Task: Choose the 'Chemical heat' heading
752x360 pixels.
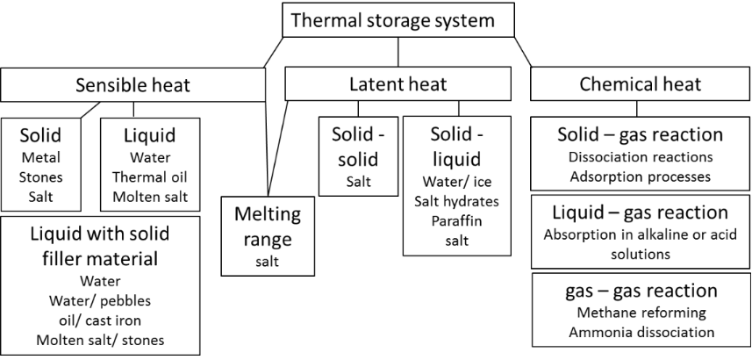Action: pyautogui.click(x=640, y=85)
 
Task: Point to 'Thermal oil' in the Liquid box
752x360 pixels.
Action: pyautogui.click(x=150, y=178)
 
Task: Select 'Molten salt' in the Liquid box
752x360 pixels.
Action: pyautogui.click(x=150, y=197)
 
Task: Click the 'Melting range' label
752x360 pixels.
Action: pyautogui.click(x=267, y=227)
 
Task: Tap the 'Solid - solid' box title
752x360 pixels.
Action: pyautogui.click(x=355, y=148)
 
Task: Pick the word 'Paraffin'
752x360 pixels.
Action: pyautogui.click(x=456, y=220)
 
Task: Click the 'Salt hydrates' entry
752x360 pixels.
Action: pyautogui.click(x=456, y=202)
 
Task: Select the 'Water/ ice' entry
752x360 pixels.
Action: pyautogui.click(x=456, y=184)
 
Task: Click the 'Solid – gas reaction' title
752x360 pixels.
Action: pyautogui.click(x=640, y=135)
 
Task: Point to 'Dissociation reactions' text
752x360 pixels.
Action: pyautogui.click(x=640, y=157)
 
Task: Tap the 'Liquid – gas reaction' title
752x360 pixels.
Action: pyautogui.click(x=640, y=213)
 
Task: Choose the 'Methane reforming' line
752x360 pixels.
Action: pyautogui.click(x=640, y=313)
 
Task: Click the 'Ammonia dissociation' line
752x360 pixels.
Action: pyautogui.click(x=640, y=332)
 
